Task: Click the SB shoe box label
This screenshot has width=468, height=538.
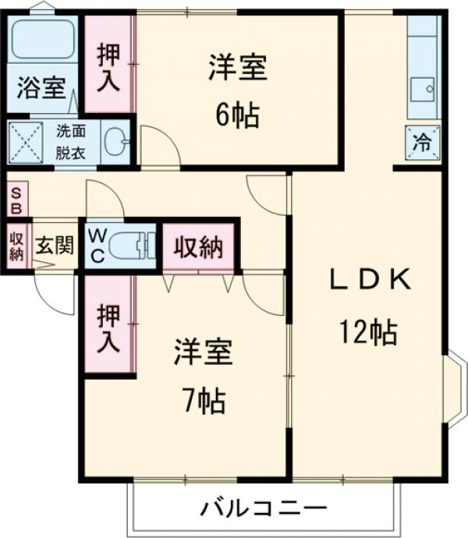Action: point(16,199)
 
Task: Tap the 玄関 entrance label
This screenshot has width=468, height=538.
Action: point(54,246)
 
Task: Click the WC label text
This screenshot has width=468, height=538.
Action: point(98,245)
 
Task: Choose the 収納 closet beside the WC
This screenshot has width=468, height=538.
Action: point(198,248)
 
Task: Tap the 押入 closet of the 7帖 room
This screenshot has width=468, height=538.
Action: point(108,327)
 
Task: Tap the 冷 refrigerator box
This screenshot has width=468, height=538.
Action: point(422,143)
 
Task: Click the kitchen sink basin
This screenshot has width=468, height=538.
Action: point(426,88)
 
